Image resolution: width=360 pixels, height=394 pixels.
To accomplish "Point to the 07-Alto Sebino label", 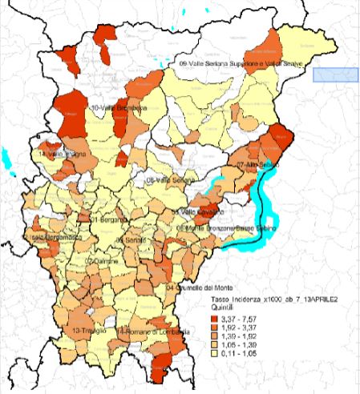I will point(256,163).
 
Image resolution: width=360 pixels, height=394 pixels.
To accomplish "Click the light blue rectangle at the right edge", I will point(334,74).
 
